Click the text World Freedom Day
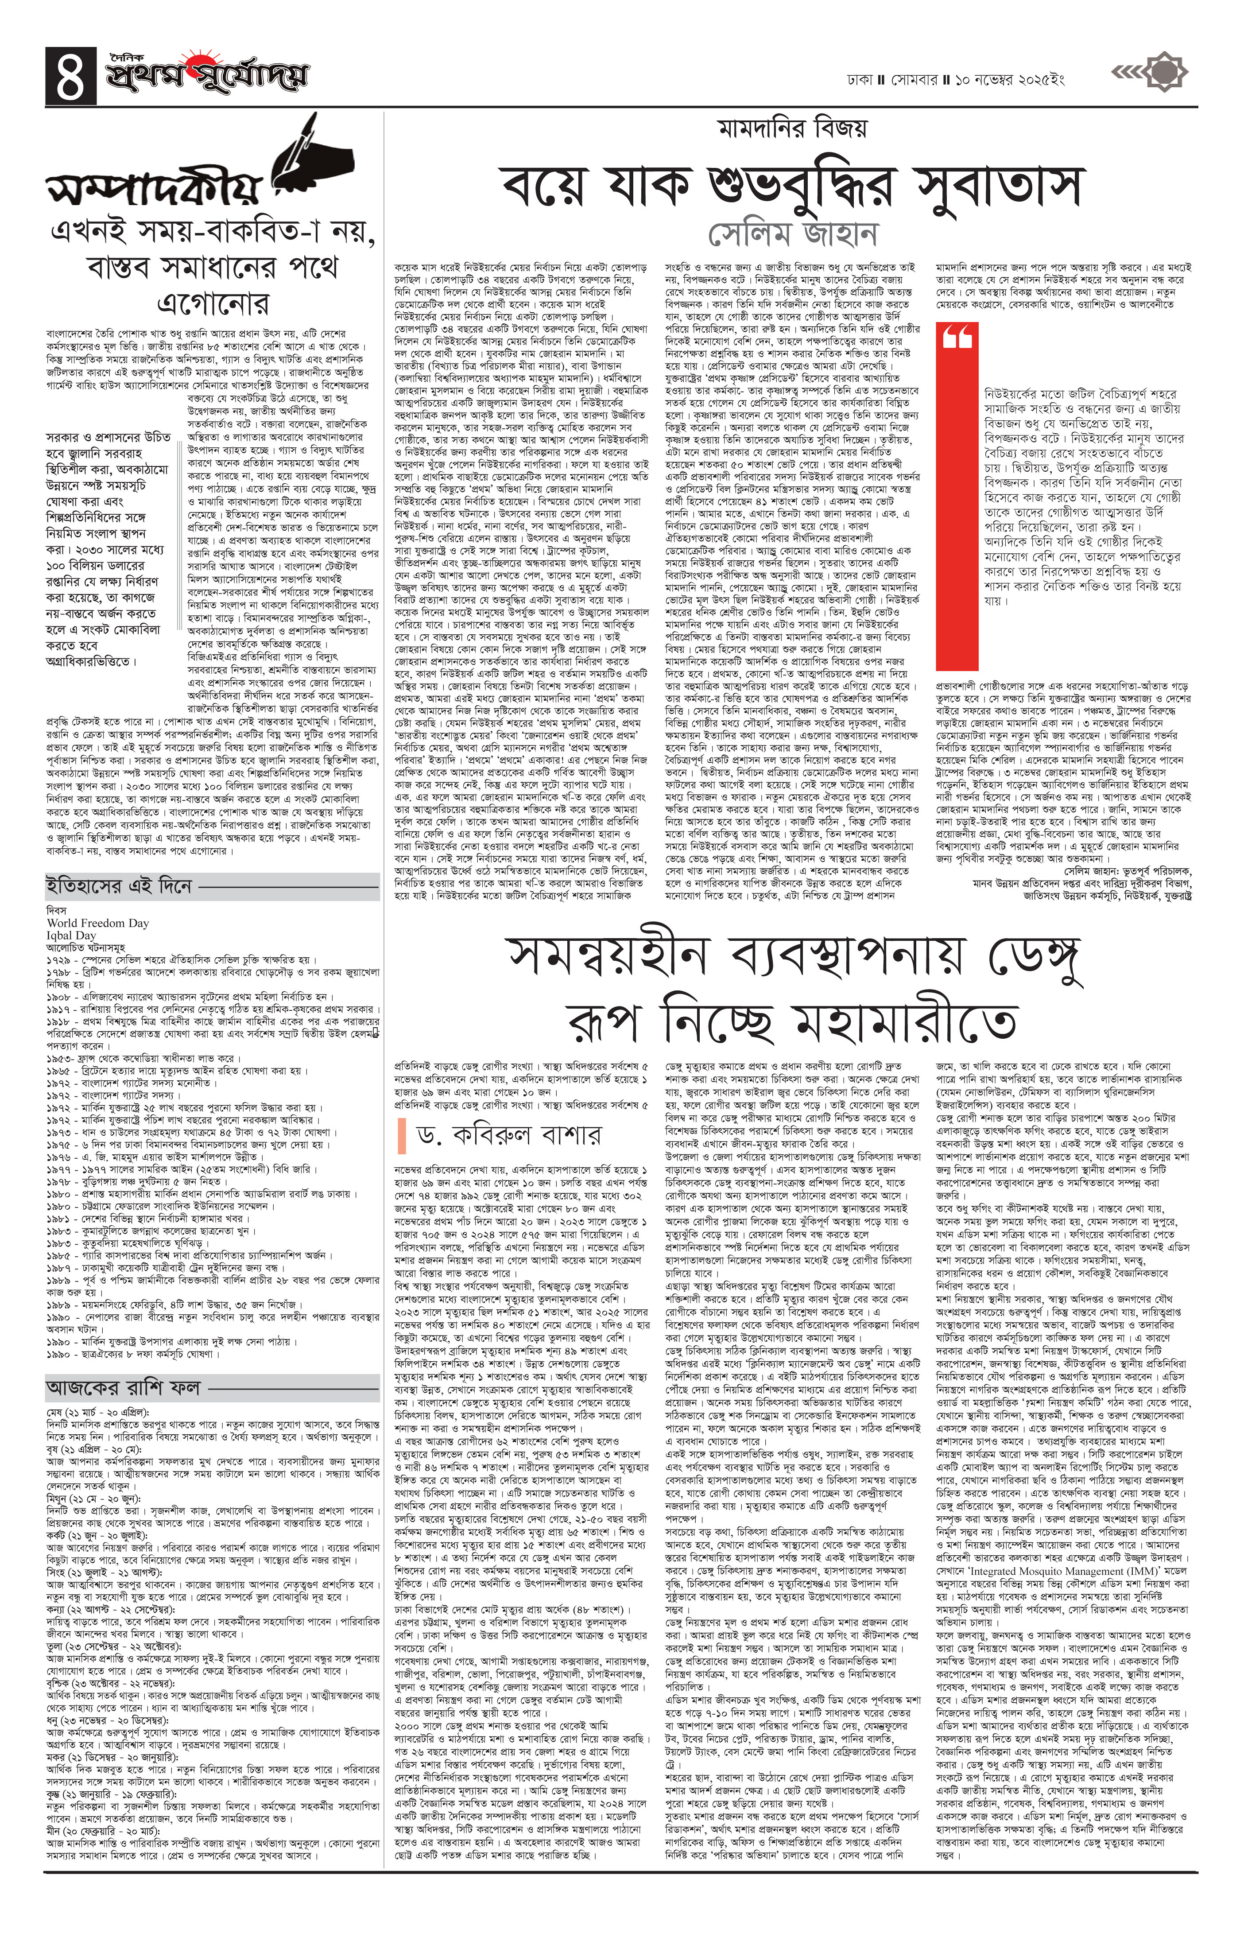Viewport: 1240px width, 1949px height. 98,923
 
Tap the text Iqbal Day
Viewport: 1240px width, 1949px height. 72,935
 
